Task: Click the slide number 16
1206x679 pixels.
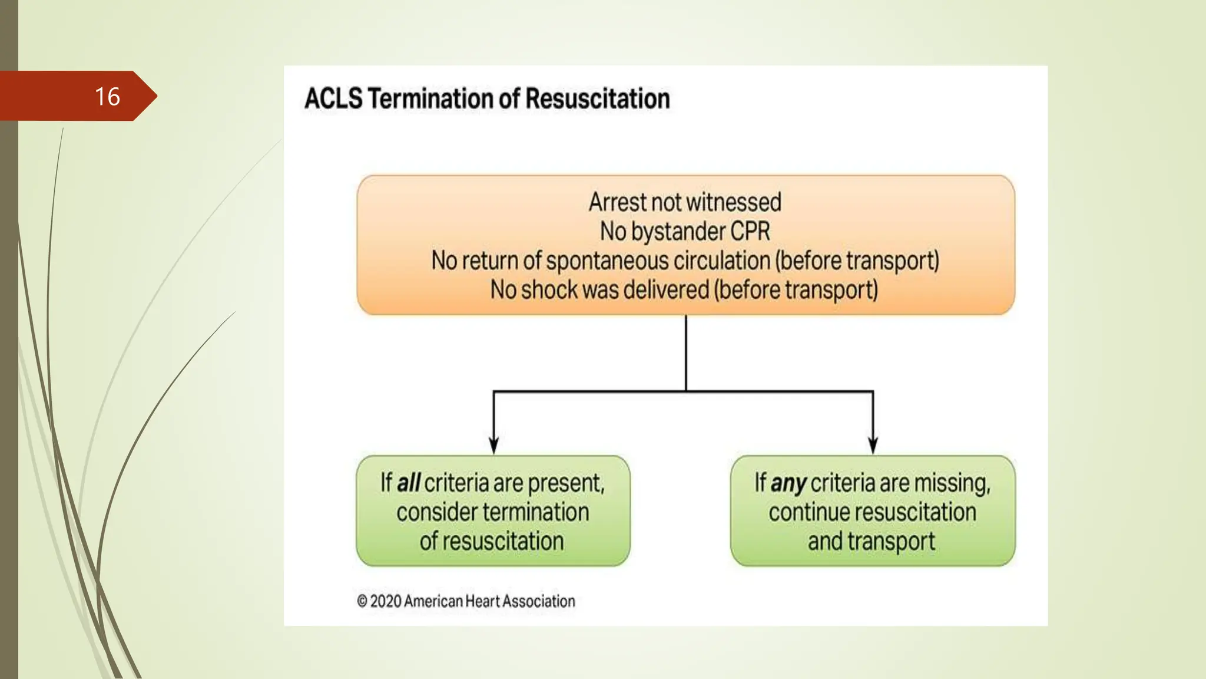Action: tap(107, 97)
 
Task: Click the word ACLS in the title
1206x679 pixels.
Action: tap(333, 98)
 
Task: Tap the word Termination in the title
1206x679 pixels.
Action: tap(432, 98)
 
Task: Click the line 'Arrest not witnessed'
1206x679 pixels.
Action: tap(685, 202)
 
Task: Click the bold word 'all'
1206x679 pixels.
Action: tap(408, 483)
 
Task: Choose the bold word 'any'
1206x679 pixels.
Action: tap(788, 483)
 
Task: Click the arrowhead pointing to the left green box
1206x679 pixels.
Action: tap(493, 446)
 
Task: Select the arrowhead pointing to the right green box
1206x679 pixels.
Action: tap(873, 446)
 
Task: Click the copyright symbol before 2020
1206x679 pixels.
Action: tap(362, 601)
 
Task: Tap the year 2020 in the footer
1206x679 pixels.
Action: tap(386, 601)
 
